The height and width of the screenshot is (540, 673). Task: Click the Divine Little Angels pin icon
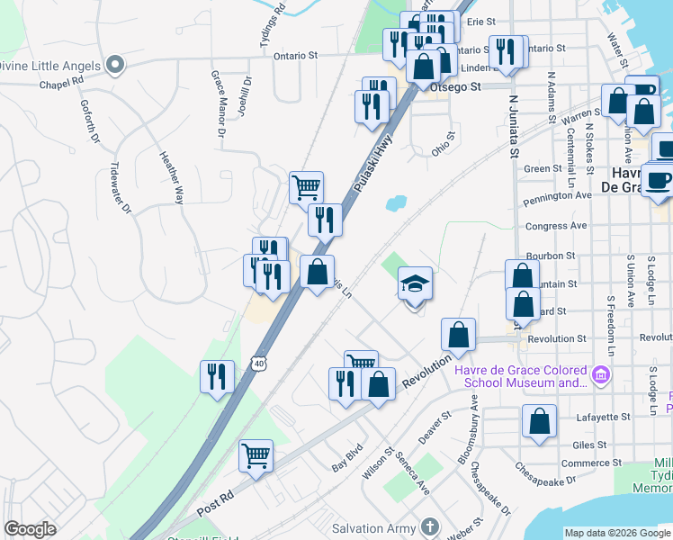click(x=114, y=64)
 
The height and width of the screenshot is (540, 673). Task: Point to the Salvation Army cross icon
click(x=430, y=526)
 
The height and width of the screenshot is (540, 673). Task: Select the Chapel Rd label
click(x=61, y=81)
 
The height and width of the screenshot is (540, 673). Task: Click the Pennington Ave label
click(x=558, y=194)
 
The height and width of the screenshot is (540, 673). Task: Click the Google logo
click(x=30, y=529)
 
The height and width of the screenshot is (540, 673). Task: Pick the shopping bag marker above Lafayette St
click(x=539, y=421)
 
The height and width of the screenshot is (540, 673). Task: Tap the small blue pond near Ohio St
click(x=396, y=203)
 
